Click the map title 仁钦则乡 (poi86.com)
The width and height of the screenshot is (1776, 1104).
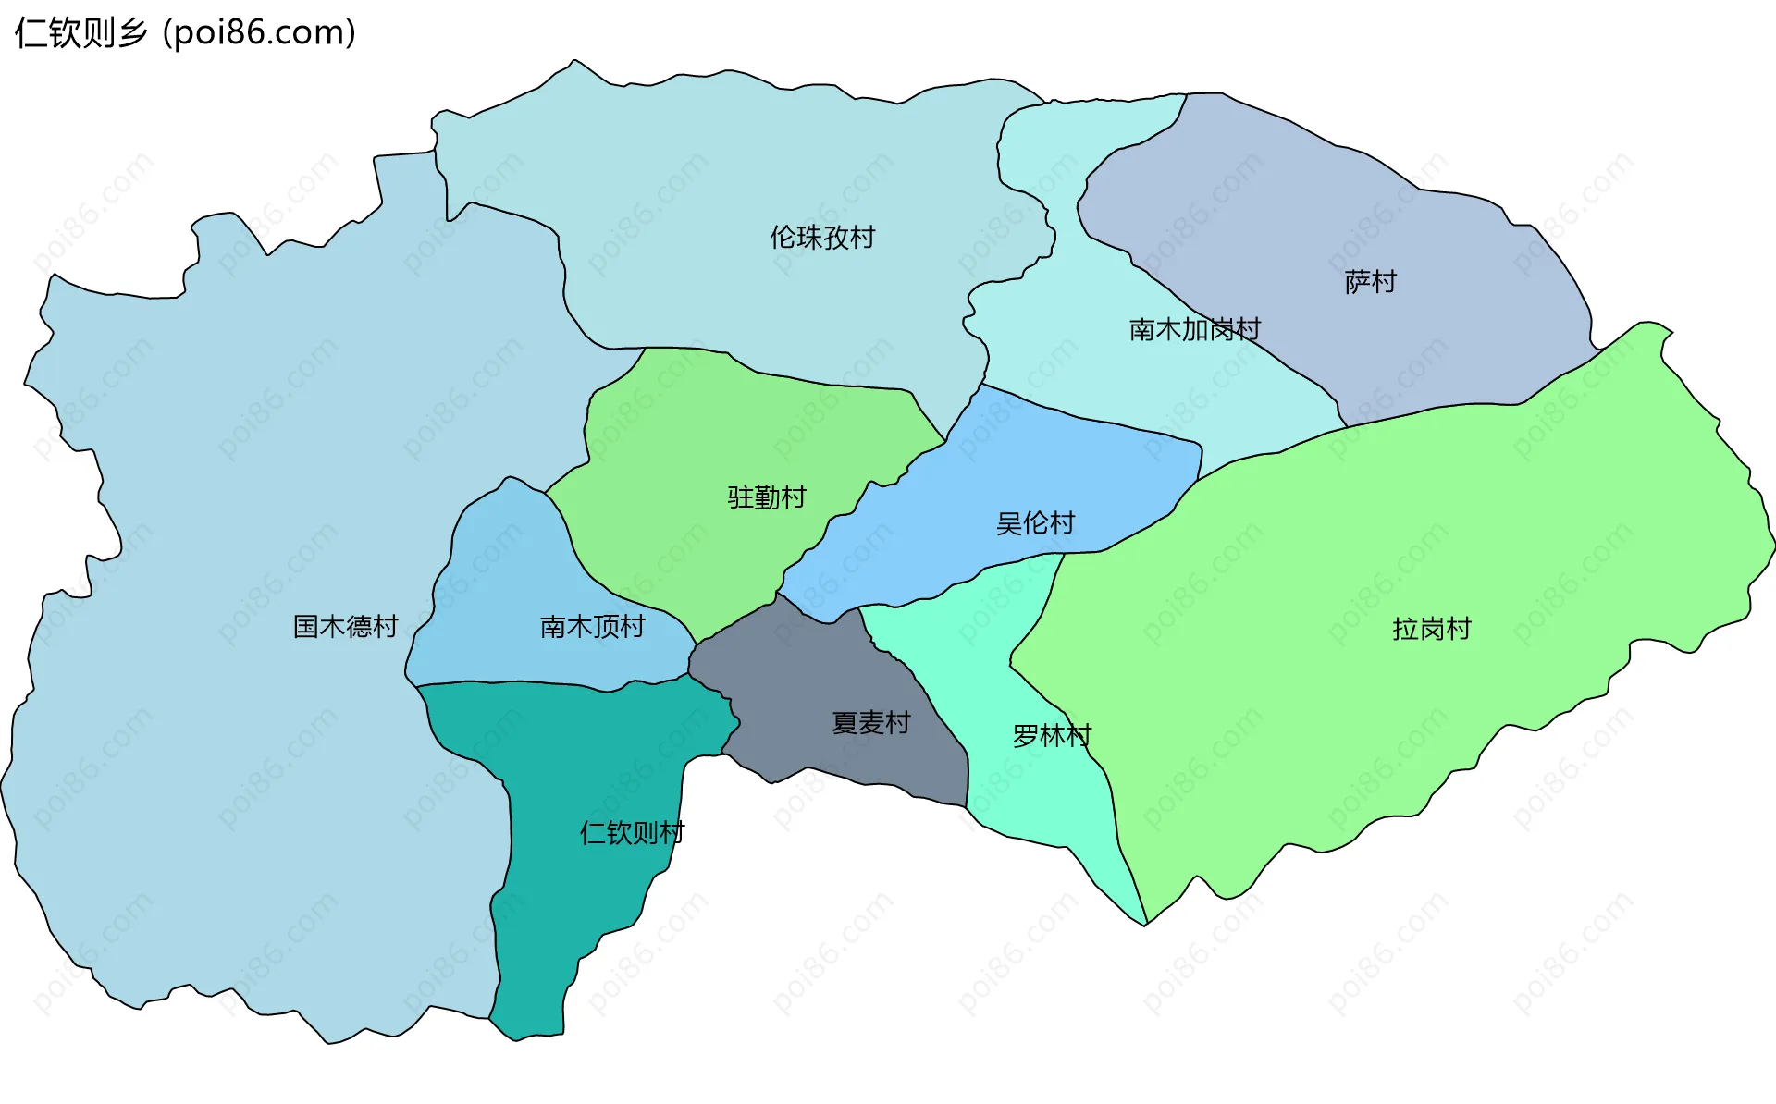185,33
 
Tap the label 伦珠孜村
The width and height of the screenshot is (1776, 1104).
822,238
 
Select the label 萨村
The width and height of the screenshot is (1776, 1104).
1370,282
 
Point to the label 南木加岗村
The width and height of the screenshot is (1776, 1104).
1194,329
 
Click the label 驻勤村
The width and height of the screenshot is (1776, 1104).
767,497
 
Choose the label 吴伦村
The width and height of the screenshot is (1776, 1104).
1035,523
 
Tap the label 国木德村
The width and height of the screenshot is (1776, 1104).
345,627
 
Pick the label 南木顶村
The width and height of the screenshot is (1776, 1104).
592,627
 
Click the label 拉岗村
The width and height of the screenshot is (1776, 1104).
1431,629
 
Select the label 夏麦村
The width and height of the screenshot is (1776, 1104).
871,722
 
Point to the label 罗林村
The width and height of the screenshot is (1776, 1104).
1052,736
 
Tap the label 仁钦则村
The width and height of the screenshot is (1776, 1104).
632,833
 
